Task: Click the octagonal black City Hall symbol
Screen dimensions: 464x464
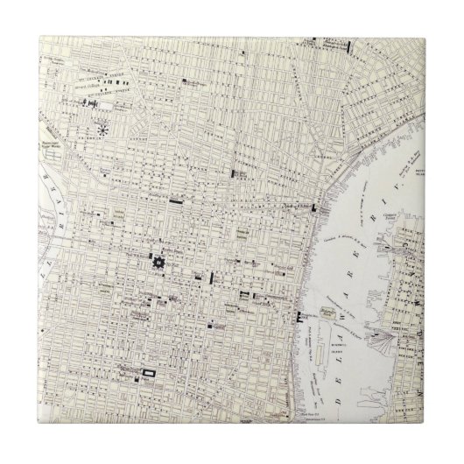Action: pyautogui.click(x=158, y=262)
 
